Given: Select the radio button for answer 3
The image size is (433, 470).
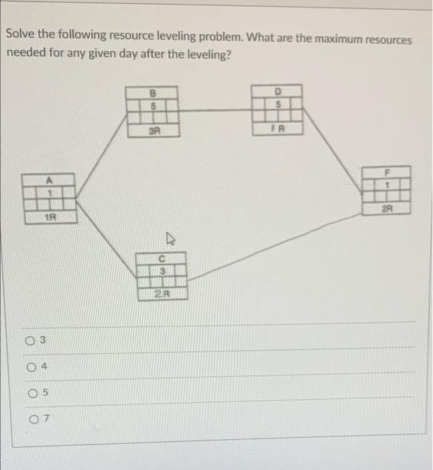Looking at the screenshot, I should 32,341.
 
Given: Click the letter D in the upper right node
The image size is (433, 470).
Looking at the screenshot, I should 277,91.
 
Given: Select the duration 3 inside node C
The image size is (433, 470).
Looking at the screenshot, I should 162,270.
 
